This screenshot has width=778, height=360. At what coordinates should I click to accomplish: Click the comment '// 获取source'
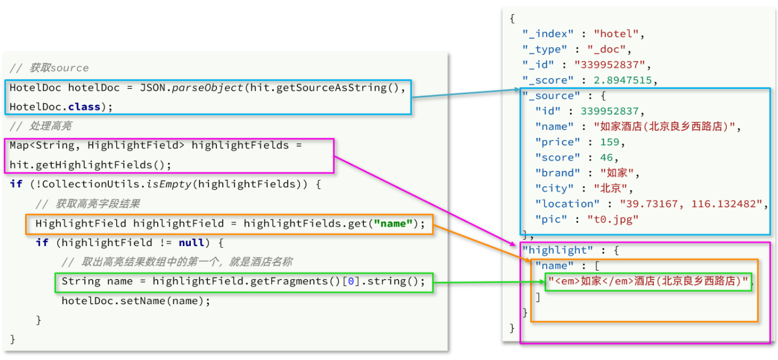[x=50, y=68]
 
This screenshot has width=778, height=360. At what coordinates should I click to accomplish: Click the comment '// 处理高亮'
[x=41, y=126]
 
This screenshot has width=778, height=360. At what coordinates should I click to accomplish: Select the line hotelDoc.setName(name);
[x=136, y=301]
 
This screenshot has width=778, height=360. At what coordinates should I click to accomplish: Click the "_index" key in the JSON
[x=547, y=34]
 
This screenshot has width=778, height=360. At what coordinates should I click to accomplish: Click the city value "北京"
[x=613, y=188]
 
